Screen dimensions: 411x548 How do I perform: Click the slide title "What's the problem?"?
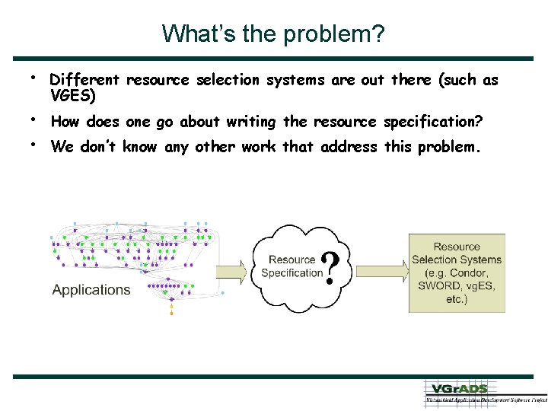coord(273,34)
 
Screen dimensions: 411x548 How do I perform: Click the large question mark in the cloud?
coord(332,269)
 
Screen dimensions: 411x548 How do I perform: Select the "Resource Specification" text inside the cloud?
coord(292,266)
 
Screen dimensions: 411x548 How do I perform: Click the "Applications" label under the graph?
coord(91,290)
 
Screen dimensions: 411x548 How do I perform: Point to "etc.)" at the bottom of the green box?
coord(457,299)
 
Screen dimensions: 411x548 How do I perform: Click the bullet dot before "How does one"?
coord(35,119)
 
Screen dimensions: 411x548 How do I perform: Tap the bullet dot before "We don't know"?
coord(35,144)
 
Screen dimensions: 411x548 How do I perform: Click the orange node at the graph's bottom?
coord(171,311)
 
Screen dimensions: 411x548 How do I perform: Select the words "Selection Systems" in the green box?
coord(457,260)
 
